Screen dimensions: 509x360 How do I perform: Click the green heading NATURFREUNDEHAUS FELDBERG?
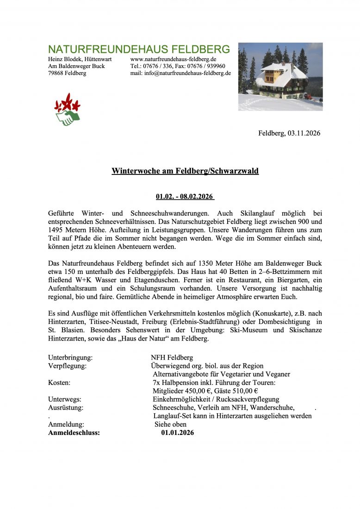139,50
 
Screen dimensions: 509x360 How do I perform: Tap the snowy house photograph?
280,76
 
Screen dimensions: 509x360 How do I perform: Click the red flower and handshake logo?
67,109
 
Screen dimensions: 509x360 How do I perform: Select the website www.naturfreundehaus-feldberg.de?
174,59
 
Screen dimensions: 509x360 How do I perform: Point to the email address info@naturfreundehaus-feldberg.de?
187,73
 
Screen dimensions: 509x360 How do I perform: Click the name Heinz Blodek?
65,59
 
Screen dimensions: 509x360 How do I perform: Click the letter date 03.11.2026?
304,133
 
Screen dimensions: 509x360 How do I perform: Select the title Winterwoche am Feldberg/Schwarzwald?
185,171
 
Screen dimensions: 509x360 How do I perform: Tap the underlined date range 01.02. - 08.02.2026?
185,197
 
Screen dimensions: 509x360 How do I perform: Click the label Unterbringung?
70,358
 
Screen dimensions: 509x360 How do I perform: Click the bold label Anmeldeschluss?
74,433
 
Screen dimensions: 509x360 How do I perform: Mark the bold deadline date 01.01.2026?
178,433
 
